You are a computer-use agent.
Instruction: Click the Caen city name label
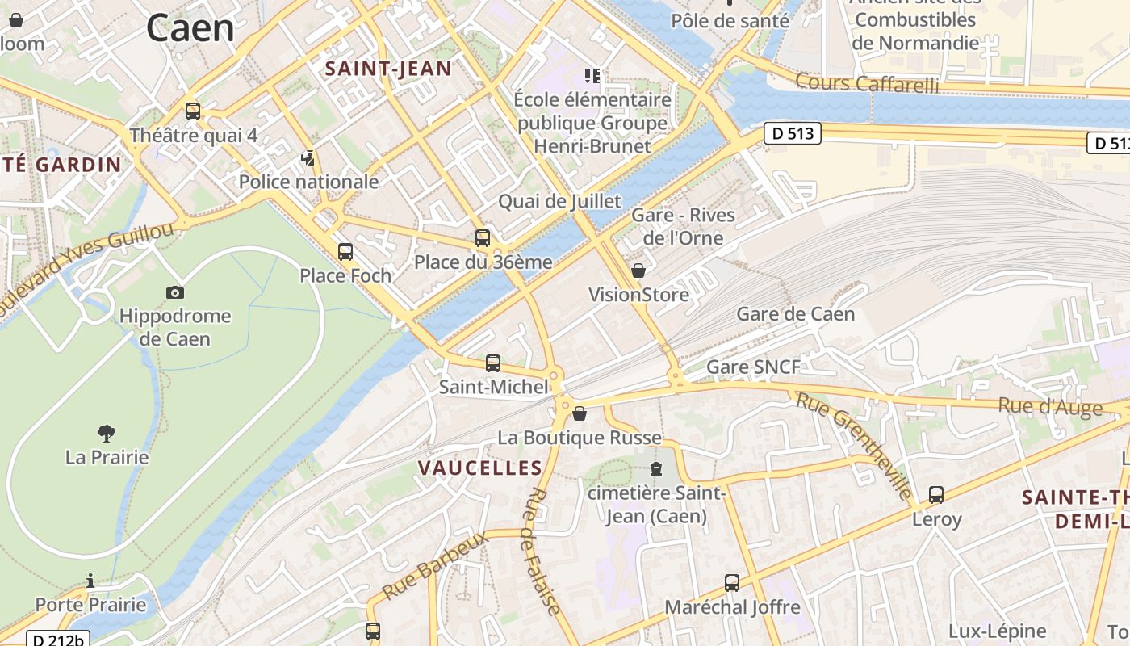point(190,28)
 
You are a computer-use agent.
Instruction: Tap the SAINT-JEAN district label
point(388,69)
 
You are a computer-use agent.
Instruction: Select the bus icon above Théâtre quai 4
point(192,111)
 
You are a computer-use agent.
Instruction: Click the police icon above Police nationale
point(308,158)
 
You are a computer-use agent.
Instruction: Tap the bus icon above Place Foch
point(345,252)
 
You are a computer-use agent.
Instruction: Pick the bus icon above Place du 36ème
point(483,238)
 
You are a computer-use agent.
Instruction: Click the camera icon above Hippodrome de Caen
point(175,292)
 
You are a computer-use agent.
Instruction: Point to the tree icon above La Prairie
point(106,434)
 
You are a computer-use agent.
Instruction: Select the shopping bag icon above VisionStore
point(638,271)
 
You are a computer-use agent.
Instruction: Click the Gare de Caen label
point(795,314)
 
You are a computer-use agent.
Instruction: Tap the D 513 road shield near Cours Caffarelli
point(792,134)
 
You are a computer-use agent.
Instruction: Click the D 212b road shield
point(58,640)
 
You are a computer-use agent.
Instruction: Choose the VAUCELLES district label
point(480,468)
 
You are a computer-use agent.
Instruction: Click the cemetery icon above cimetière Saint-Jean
point(656,469)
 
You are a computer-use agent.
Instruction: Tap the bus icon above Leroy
point(936,495)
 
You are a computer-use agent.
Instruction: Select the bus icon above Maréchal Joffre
point(732,583)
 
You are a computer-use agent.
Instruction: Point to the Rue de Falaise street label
point(542,552)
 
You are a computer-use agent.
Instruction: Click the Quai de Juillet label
point(559,202)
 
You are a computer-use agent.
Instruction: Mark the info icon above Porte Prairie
point(90,581)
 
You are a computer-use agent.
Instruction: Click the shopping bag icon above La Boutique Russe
point(580,414)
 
